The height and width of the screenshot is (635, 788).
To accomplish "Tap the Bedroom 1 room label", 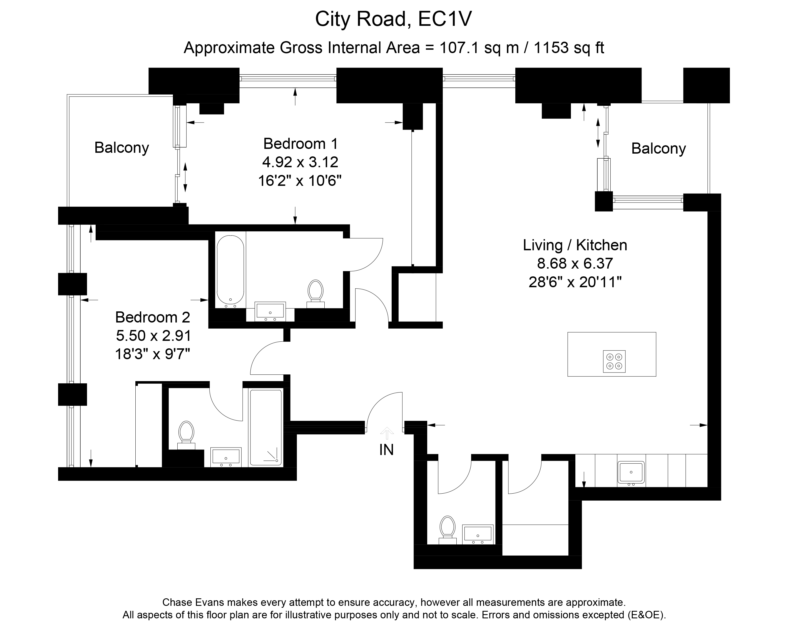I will pyautogui.click(x=300, y=144).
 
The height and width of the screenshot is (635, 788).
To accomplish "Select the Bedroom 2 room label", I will pyautogui.click(x=153, y=317).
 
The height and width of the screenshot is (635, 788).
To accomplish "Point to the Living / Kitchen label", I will pyautogui.click(x=575, y=245).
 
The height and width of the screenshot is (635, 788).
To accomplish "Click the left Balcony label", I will pyautogui.click(x=121, y=148).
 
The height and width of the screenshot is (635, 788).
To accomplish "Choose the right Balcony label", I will pyautogui.click(x=658, y=149).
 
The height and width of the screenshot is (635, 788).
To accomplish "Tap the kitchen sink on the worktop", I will pyautogui.click(x=631, y=472).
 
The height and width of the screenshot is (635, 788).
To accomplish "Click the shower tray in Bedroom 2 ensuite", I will pyautogui.click(x=266, y=428).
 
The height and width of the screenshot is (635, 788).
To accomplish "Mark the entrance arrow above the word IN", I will pyautogui.click(x=387, y=433).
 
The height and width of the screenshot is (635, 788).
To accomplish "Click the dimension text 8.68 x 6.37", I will pyautogui.click(x=575, y=263).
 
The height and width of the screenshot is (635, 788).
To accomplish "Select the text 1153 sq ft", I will pyautogui.click(x=569, y=48).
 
